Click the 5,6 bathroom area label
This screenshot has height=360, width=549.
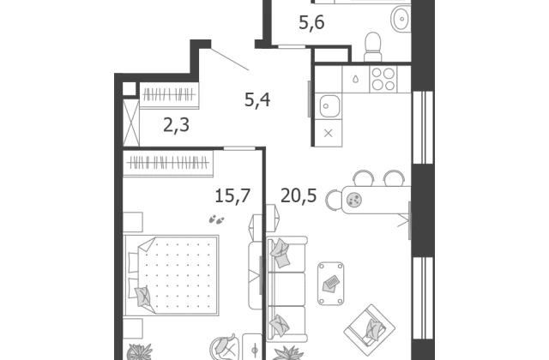(311, 23)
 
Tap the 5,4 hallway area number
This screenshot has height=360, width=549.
(257, 100)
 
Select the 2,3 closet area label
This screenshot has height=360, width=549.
(177, 125)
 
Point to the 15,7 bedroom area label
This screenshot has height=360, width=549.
(232, 195)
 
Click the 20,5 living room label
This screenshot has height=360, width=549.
(299, 195)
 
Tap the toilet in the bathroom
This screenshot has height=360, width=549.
(373, 47)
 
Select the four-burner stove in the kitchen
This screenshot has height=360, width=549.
(383, 79)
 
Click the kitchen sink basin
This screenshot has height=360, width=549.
(329, 106)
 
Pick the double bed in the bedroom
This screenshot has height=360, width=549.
(172, 275)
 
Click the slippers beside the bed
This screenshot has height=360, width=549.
(216, 219)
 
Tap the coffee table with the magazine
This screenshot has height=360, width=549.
(330, 284)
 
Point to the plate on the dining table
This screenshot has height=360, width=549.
(354, 200)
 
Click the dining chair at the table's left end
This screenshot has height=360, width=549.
(334, 200)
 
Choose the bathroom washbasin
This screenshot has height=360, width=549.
(401, 18)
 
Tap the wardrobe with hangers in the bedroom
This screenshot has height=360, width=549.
(168, 164)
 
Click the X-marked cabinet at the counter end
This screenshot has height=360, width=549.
(328, 133)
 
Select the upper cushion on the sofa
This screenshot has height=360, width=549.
(281, 253)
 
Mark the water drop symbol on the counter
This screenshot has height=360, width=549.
(356, 80)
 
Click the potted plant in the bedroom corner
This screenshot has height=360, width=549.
(139, 351)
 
